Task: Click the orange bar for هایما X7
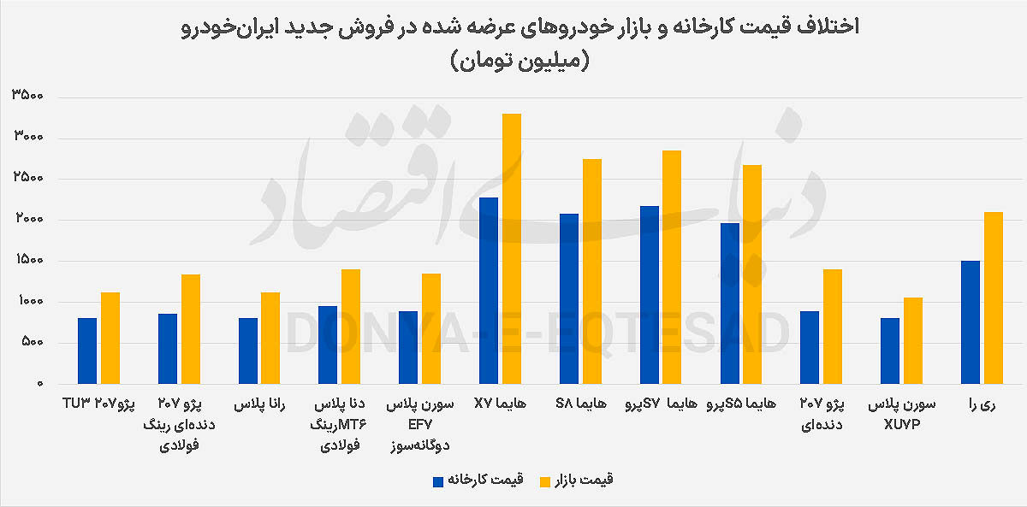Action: tap(512, 248)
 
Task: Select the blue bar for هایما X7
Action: tap(489, 291)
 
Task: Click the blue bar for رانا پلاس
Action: tap(248, 351)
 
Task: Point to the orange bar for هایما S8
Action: tap(592, 271)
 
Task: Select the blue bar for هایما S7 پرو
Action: tap(650, 295)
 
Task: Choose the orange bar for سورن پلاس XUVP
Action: tap(913, 340)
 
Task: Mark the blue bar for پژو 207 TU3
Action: tap(87, 351)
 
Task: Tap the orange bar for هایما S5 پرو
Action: tap(752, 274)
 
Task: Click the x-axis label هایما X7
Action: tap(500, 403)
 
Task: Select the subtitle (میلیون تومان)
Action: tap(513, 62)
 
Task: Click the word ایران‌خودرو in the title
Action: tap(219, 27)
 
